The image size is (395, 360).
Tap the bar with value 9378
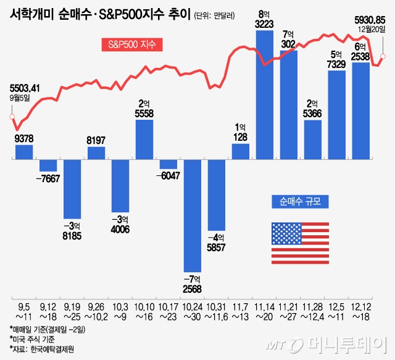24,152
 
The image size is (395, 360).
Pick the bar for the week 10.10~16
144,140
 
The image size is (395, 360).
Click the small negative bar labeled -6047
168,164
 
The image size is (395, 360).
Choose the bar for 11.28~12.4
313,140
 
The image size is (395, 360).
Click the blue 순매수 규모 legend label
301,202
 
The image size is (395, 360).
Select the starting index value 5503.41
25,88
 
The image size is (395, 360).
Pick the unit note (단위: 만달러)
214,16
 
